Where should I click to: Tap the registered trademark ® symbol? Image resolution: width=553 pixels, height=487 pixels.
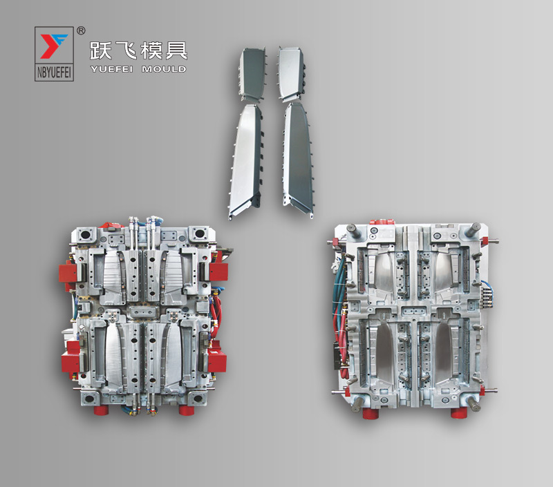tap(81, 30)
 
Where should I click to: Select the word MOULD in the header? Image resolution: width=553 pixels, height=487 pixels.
tap(164, 69)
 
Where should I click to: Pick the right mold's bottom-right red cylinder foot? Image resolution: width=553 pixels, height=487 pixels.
tap(457, 412)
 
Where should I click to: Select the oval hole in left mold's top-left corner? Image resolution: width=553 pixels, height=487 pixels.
tap(86, 236)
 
